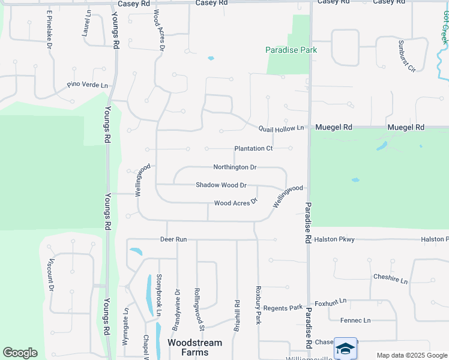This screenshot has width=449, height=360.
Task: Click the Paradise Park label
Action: (x=291, y=50)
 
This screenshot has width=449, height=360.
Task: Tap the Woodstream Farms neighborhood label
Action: (x=194, y=347)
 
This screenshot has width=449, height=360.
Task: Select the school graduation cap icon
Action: (x=345, y=348)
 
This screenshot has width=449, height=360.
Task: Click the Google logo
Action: (x=20, y=352)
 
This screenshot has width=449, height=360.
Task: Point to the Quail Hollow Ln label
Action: (x=282, y=128)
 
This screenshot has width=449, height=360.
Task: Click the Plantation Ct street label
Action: (x=253, y=148)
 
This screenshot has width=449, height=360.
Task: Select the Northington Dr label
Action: (x=235, y=167)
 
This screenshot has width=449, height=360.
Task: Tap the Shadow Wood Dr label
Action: (x=221, y=185)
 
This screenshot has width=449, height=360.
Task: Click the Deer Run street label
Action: (x=173, y=239)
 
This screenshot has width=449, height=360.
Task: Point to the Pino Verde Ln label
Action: (x=88, y=86)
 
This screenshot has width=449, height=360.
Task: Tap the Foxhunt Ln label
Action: (x=331, y=301)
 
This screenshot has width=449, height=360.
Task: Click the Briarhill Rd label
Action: (x=238, y=316)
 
